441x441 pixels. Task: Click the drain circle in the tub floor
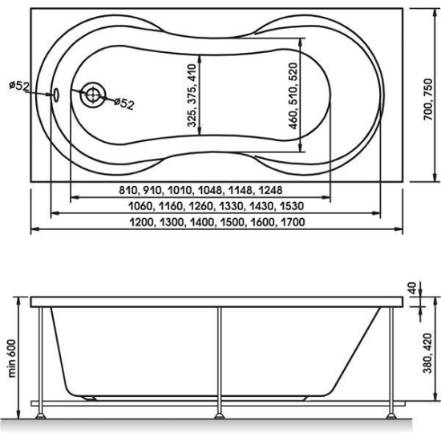pos(93,95)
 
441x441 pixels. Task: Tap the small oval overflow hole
pos(56,95)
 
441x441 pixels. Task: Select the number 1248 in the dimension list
pos(270,190)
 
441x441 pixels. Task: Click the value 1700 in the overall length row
pos(293,222)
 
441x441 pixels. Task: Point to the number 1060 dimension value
pos(140,206)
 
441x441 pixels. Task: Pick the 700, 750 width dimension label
pos(427,99)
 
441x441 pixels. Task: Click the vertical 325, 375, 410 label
pos(192,95)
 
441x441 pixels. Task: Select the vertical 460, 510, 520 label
pos(293,96)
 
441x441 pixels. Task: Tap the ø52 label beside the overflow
pos(19,86)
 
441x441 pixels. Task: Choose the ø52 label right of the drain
pos(124,103)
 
